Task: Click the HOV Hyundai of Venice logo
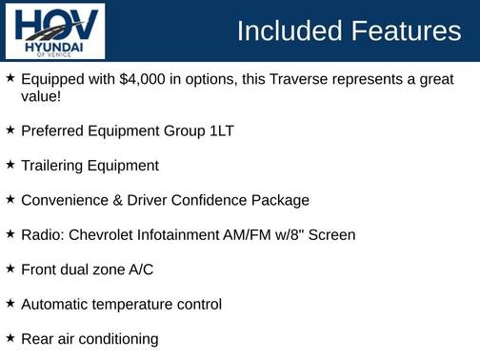coord(55,30)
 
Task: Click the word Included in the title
coord(288,31)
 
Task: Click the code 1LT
coord(217,130)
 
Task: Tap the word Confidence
coord(211,200)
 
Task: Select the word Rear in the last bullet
coord(37,339)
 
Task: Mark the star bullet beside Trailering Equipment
coord(10,165)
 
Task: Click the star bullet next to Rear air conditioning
coord(10,338)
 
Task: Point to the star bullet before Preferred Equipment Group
coord(10,130)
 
